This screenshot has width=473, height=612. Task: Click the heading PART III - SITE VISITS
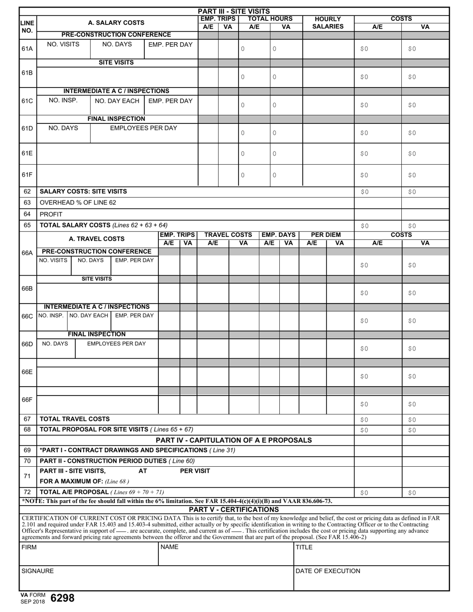pos(234,11)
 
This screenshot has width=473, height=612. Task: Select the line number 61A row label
pos(27,49)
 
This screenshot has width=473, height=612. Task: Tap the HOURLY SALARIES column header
pos(328,23)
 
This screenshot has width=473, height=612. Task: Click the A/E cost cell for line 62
pos(378,192)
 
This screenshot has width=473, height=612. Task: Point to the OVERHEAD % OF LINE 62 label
pos(78,203)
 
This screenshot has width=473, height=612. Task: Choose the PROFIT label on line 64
pos(51,214)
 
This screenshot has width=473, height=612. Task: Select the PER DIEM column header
pos(326,235)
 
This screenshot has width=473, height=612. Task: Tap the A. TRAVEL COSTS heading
pos(97,239)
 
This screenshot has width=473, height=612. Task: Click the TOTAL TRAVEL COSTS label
pos(75,419)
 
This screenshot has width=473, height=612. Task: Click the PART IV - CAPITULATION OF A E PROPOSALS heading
pos(234,440)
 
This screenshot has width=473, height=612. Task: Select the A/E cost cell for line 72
pos(378,493)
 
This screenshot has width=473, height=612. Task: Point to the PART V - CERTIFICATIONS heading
pos(234,510)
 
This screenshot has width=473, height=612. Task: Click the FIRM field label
pos(29,547)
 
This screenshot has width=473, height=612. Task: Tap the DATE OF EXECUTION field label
pos(328,571)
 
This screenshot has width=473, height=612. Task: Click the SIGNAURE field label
pos(37,571)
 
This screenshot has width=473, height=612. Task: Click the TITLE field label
pos(304,547)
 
